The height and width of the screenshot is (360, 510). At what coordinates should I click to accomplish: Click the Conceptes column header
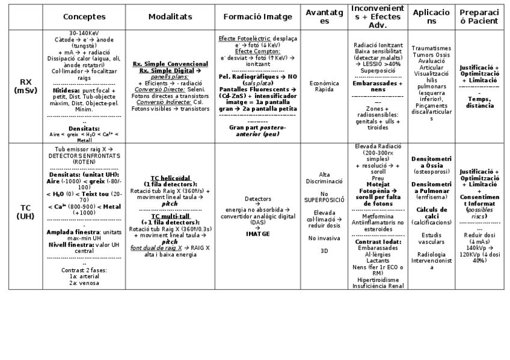pos(84,17)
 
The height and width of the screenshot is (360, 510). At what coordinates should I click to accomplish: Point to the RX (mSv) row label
pos(26,86)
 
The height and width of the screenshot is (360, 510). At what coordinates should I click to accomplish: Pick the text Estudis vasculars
pos(432,238)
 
